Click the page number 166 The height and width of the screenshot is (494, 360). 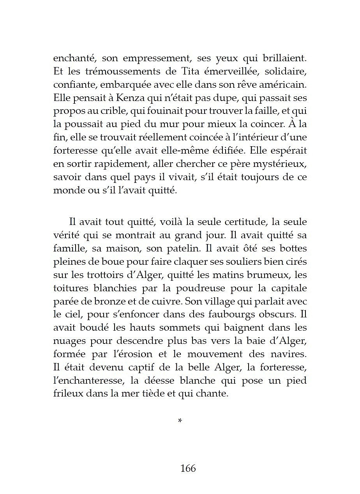click(188, 468)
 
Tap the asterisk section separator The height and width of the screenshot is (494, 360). click(180, 421)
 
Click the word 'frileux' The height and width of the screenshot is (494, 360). click(67, 394)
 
